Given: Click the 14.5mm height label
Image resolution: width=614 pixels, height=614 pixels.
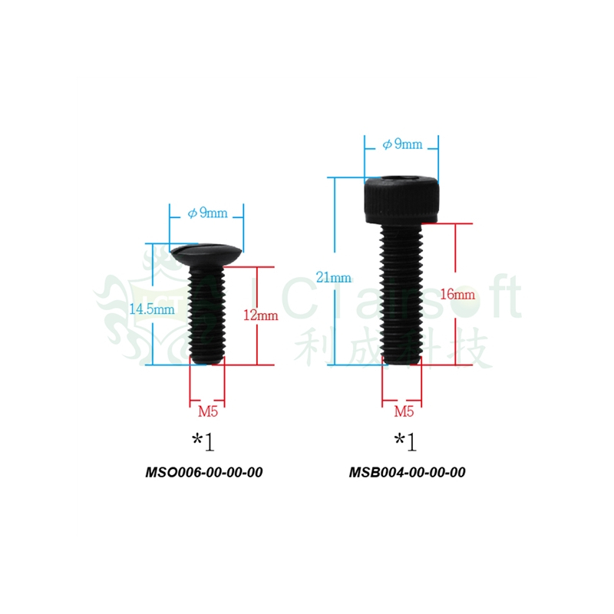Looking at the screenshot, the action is point(152,309).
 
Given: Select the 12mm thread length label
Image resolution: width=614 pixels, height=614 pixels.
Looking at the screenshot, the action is point(261,315).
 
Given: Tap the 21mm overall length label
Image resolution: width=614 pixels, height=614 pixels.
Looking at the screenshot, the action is point(334,278).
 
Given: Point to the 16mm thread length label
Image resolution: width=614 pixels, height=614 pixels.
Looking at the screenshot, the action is point(457,294).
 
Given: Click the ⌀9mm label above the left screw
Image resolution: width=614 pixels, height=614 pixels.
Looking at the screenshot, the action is point(207,213).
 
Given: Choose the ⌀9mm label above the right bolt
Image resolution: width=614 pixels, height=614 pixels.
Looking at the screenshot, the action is point(402,144).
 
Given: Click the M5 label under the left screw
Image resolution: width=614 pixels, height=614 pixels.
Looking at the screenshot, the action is point(208,411).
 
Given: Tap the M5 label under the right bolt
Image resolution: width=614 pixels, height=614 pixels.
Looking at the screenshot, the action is point(404,411).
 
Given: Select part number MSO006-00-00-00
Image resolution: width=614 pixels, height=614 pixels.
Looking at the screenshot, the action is point(204,472).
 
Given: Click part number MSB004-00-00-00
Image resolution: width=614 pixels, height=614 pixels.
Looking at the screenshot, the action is point(408,472).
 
